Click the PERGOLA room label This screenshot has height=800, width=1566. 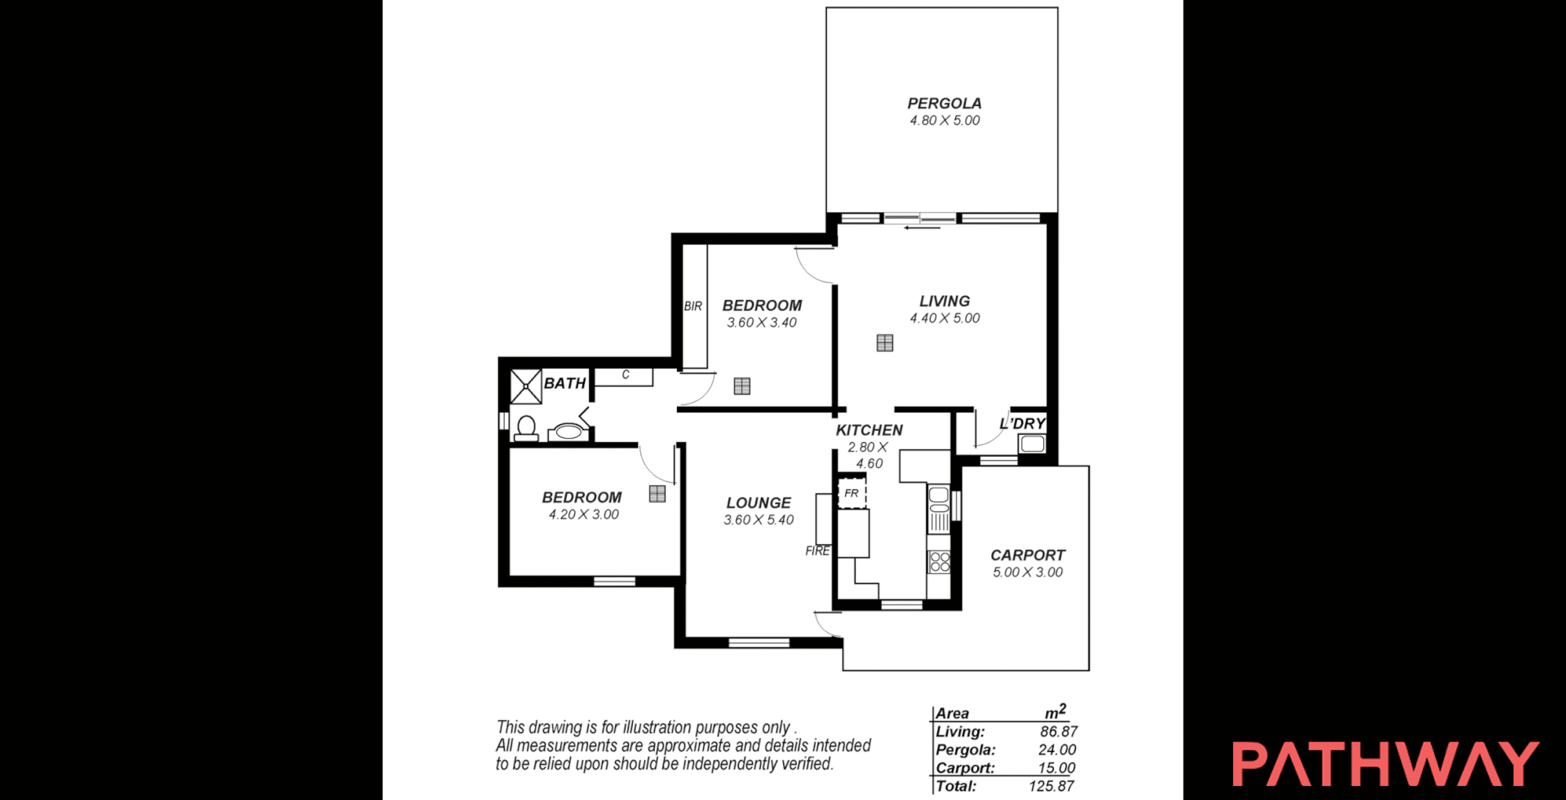pyautogui.click(x=944, y=104)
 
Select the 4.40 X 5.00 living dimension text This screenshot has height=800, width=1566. pyautogui.click(x=944, y=319)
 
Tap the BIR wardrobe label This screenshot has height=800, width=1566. pyautogui.click(x=692, y=307)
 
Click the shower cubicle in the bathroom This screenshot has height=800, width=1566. pyautogui.click(x=526, y=387)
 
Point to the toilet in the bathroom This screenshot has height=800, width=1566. pyautogui.click(x=526, y=428)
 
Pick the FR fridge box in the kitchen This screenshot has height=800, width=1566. pyautogui.click(x=852, y=493)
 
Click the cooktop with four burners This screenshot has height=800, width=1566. pyautogui.click(x=940, y=561)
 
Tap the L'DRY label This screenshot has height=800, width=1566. pyautogui.click(x=1022, y=423)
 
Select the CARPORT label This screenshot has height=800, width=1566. pyautogui.click(x=1027, y=555)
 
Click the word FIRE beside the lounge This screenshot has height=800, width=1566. pyautogui.click(x=817, y=551)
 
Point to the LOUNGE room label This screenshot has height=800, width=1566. pyautogui.click(x=759, y=503)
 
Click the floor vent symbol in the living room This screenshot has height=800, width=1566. pyautogui.click(x=885, y=343)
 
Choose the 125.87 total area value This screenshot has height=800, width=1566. pyautogui.click(x=1051, y=786)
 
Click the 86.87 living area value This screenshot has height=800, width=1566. pyautogui.click(x=1058, y=732)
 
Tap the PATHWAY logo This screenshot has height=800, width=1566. pyautogui.click(x=1385, y=764)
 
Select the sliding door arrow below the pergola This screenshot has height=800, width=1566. pyautogui.click(x=921, y=228)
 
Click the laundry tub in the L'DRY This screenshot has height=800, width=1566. pyautogui.click(x=1032, y=444)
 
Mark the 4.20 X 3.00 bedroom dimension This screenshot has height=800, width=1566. pyautogui.click(x=583, y=515)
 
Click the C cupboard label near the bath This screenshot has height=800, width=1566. pyautogui.click(x=626, y=375)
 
